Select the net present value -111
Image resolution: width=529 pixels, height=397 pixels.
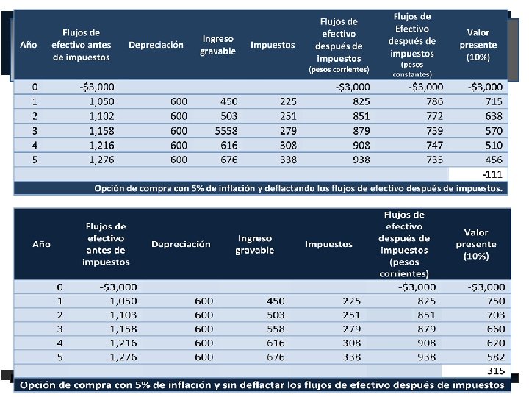493,174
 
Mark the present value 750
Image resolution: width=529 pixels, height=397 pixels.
494,301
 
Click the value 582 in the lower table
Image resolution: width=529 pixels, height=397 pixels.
494,357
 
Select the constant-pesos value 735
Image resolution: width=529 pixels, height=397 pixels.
431,160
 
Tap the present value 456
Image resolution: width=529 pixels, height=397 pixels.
493,160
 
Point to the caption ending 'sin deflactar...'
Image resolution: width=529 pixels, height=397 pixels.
262,385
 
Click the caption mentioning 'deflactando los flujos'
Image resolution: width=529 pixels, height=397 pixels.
298,188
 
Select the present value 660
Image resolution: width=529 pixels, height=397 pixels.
494,329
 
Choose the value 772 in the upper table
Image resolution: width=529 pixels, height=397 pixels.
431,116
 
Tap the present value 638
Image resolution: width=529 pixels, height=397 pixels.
493,116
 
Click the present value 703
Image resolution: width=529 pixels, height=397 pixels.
494,315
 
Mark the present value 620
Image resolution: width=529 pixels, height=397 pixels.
494,343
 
